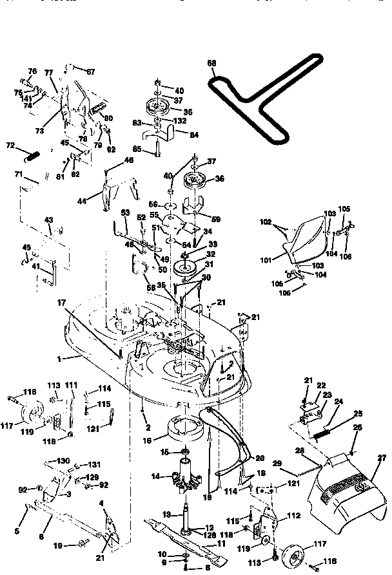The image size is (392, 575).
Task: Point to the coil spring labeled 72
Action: [x=32, y=155]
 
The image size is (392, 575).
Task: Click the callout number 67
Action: [x=90, y=71]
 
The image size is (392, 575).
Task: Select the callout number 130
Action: [x=63, y=462]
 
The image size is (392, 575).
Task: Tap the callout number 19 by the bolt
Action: [x=59, y=545]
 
